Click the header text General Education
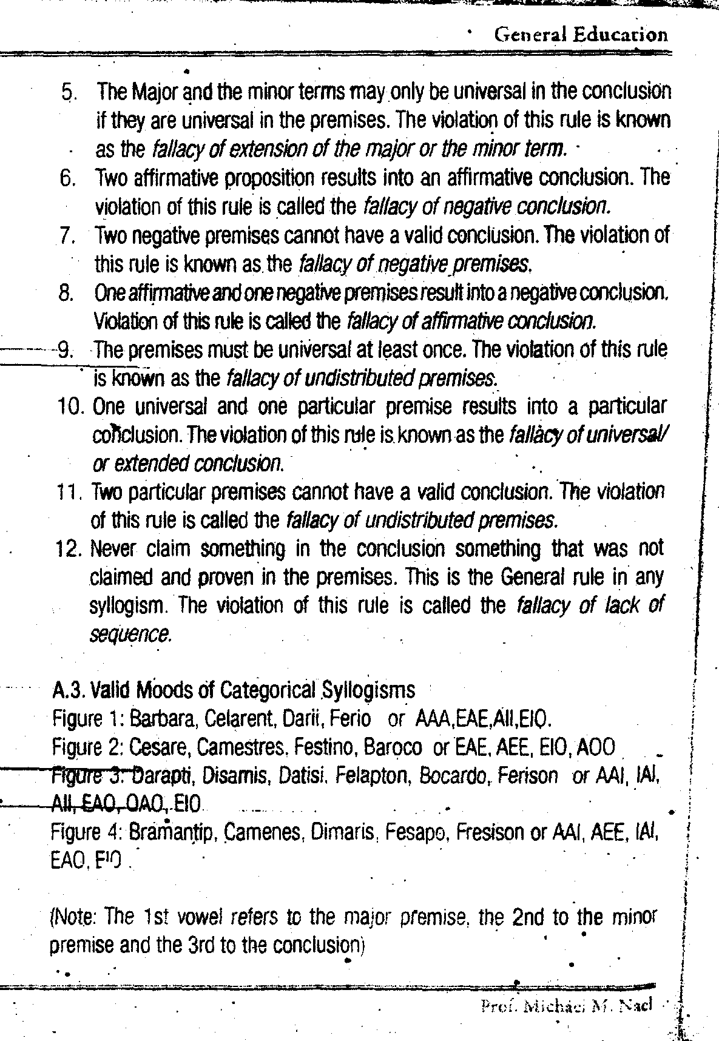[x=581, y=35]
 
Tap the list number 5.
[x=69, y=93]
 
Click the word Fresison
[x=491, y=832]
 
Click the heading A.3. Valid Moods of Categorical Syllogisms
[x=234, y=690]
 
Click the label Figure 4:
[x=88, y=833]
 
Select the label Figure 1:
[x=88, y=719]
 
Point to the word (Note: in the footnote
[x=73, y=917]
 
